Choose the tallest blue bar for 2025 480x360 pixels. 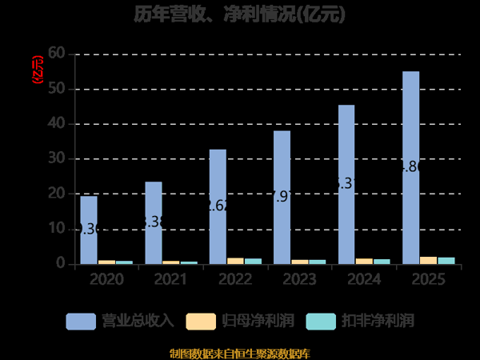pyautogui.click(x=410, y=167)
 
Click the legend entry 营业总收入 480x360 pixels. pyautogui.click(x=120, y=321)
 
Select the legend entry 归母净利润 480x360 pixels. pyautogui.click(x=240, y=321)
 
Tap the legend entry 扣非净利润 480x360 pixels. pyautogui.click(x=360, y=321)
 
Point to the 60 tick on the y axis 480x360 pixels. pyautogui.click(x=56, y=54)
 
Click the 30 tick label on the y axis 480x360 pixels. pyautogui.click(x=56, y=158)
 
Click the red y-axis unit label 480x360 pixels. pyautogui.click(x=36, y=70)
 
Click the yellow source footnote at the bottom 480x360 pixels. pyautogui.click(x=240, y=353)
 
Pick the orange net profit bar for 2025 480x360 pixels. pyautogui.click(x=428, y=260)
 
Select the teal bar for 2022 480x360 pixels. pyautogui.click(x=253, y=261)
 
